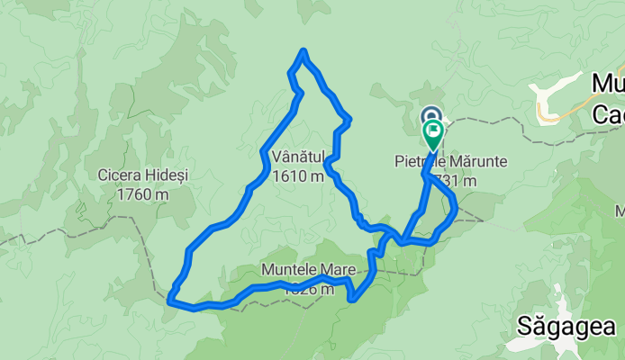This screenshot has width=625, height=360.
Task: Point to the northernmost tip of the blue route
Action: [305, 50]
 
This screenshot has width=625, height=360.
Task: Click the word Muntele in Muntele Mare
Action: [285, 270]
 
